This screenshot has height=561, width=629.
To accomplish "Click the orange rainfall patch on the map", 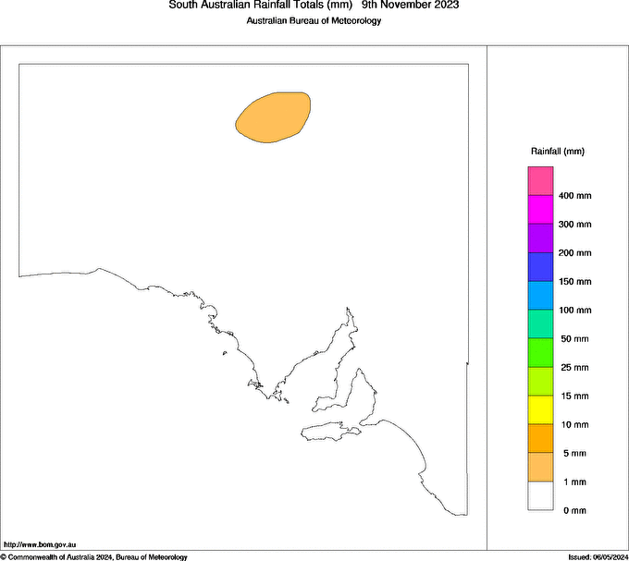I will point(272,117).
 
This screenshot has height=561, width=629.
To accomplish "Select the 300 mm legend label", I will point(575,225).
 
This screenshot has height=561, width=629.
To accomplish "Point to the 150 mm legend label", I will point(575,282).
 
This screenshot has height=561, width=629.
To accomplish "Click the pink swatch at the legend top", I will point(540,181).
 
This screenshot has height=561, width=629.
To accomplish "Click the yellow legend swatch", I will point(540,409).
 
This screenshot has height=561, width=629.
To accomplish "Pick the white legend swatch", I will point(540,496).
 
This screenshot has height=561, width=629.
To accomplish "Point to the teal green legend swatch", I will point(540,323).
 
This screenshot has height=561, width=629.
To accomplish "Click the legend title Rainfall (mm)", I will point(557,151).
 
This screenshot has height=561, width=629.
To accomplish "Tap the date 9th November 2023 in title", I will point(410,6).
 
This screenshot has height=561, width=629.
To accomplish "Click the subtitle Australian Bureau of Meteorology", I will point(314,21).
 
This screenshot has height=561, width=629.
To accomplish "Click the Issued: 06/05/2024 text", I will point(598,556).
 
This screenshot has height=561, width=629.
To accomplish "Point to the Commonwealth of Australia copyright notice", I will point(93,556).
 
